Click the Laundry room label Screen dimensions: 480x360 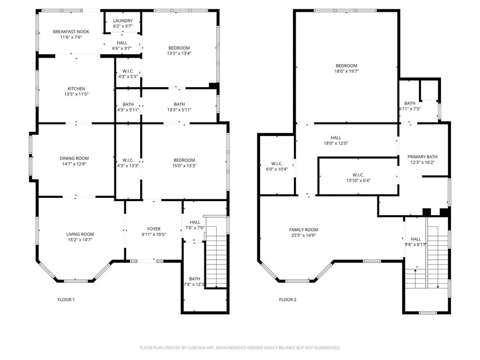coord(123,21)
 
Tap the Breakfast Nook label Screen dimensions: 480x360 coord(71,31)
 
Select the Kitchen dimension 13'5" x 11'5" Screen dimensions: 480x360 coord(76,94)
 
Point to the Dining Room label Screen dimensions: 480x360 coord(74,158)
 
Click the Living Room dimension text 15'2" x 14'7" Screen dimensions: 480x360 coord(80,240)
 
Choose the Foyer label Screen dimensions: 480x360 coord(154,229)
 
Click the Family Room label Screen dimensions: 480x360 coord(303,230)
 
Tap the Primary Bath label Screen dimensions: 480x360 coord(422,157)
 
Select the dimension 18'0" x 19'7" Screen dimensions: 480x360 coord(346,71)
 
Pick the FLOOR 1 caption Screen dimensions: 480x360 coord(66,300)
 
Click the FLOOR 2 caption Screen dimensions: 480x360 coord(288,300)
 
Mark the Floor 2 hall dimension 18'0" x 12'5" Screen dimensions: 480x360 coord(336,143)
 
